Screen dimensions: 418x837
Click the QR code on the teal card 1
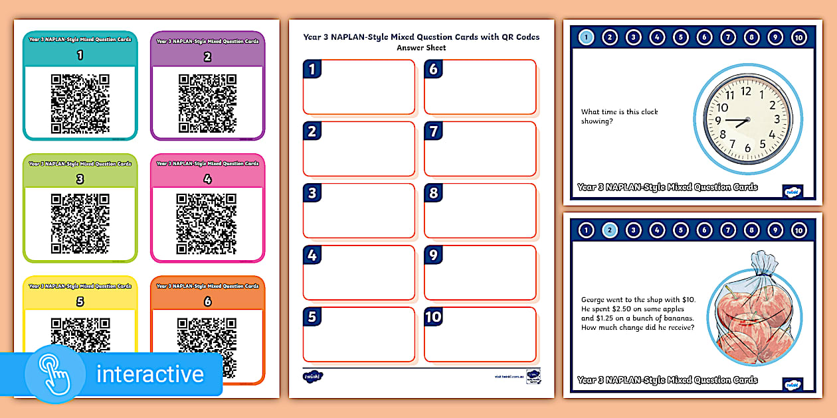click(80, 104)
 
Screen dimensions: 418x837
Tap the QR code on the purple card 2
click(207, 104)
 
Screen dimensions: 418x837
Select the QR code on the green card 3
click(80, 224)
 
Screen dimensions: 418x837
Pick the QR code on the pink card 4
click(207, 224)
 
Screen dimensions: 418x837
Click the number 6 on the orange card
click(207, 302)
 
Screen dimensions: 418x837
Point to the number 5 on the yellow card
click(80, 302)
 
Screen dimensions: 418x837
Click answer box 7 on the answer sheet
click(480, 149)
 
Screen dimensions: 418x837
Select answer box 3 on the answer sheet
click(359, 211)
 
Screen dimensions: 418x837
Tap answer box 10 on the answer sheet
click(480, 334)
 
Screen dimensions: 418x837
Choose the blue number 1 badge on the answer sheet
click(312, 69)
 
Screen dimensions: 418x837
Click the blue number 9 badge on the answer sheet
click(433, 255)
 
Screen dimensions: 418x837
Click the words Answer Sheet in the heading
click(421, 48)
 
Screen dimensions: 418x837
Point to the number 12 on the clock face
click(746, 92)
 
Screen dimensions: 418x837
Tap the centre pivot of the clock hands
click(747, 120)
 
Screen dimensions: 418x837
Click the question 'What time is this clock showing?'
click(619, 117)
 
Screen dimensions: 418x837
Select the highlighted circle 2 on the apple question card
click(610, 230)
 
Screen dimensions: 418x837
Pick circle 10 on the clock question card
click(798, 37)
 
